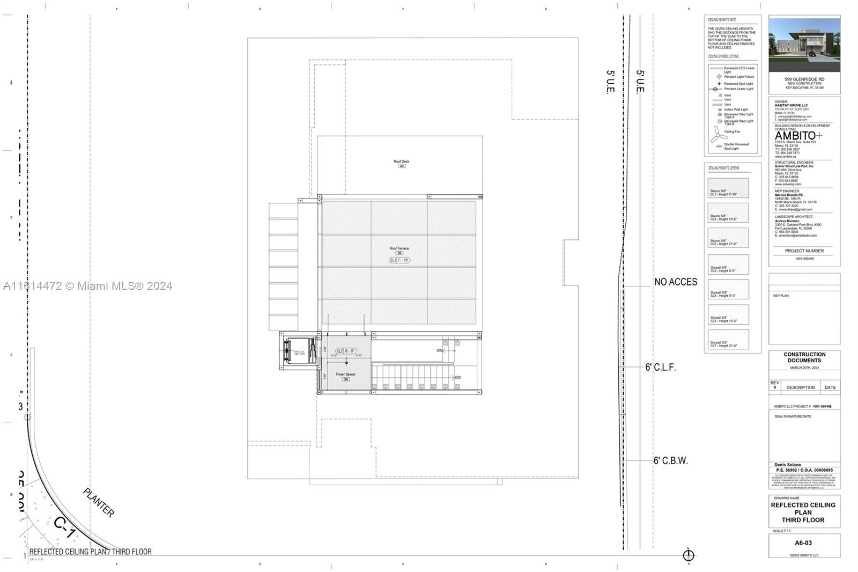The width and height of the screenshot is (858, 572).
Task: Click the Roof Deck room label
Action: click(x=401, y=162)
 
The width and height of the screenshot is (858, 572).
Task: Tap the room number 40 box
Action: click(x=401, y=166)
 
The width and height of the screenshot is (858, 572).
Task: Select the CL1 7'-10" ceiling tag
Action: click(x=400, y=260)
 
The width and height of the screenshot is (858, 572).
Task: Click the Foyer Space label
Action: click(x=345, y=374)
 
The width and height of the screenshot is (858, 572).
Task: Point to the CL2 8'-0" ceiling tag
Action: click(x=346, y=351)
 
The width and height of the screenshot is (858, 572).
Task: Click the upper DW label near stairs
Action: click(x=440, y=350)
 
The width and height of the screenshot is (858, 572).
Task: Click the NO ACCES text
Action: click(x=676, y=282)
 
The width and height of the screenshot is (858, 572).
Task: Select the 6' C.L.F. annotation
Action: click(x=660, y=368)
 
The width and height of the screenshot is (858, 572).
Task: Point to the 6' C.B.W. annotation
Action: click(x=670, y=460)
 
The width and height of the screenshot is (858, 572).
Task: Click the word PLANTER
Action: click(x=99, y=503)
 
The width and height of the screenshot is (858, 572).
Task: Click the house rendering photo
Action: click(x=804, y=44)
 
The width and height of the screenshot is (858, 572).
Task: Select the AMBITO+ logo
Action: click(x=798, y=136)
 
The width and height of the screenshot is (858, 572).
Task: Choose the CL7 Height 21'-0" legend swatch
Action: click(x=728, y=339)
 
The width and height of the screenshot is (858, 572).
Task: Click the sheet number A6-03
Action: click(x=803, y=543)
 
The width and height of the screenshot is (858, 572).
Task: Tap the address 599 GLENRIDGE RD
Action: click(x=804, y=79)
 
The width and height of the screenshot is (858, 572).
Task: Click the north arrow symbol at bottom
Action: click(x=689, y=555)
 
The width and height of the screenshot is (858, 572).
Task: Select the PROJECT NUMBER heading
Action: click(x=804, y=251)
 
